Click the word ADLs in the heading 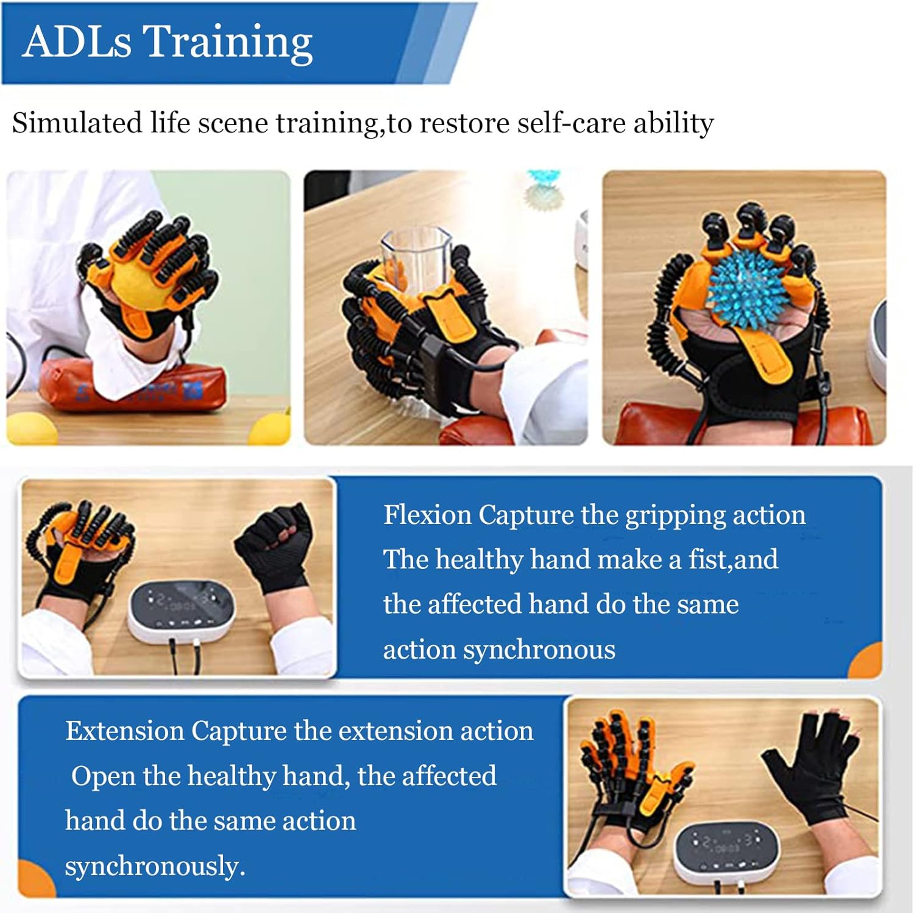[77, 42]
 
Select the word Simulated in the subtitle [77, 123]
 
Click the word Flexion [427, 515]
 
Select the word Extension [125, 731]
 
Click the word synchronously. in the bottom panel [155, 866]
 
